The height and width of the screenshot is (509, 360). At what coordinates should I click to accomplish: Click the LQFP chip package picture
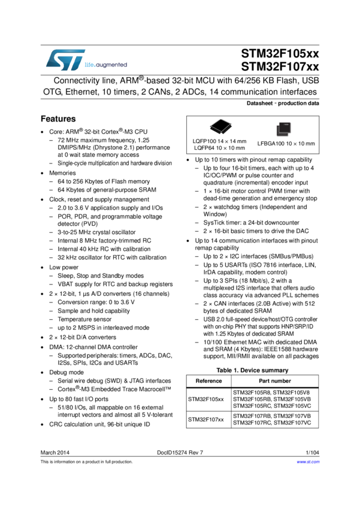click(x=220, y=125)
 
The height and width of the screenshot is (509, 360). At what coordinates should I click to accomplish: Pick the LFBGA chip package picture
click(x=283, y=129)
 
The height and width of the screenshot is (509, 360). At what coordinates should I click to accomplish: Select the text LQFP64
click(x=204, y=148)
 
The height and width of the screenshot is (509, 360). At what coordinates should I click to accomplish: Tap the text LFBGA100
click(x=270, y=144)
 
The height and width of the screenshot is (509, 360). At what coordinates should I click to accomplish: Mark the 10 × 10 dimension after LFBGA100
click(x=295, y=144)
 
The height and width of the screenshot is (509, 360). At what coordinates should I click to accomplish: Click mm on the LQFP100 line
click(x=242, y=141)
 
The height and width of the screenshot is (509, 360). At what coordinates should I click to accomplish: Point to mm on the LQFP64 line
click(x=241, y=148)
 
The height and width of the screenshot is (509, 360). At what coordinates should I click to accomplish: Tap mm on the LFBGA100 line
click(x=310, y=144)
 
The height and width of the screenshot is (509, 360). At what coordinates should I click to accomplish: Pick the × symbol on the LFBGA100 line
click(x=295, y=144)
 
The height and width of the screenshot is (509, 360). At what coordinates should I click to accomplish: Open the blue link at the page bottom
click(x=308, y=462)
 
